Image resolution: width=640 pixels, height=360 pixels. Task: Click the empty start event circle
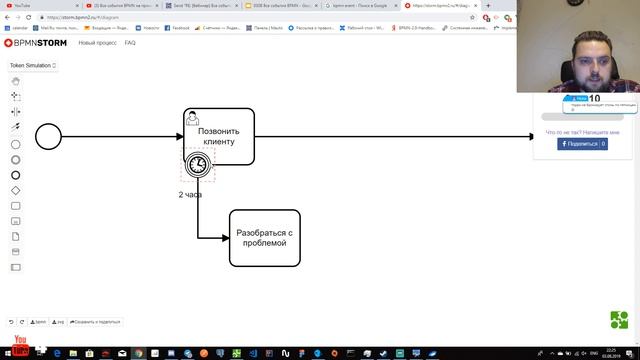click(48, 136)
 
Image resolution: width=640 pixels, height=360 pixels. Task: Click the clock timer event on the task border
click(198, 163)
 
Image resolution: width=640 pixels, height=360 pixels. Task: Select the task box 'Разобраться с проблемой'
click(264, 238)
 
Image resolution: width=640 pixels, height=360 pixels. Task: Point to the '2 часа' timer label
click(190, 195)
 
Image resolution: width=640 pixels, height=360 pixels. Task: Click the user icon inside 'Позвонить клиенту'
click(193, 118)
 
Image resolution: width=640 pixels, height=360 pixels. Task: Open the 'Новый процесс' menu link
click(97, 43)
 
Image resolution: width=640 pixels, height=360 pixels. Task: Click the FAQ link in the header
click(130, 43)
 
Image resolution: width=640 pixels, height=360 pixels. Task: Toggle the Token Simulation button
click(32, 65)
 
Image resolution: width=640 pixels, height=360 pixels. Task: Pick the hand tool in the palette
click(15, 81)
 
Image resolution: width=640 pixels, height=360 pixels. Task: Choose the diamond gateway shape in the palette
click(15, 190)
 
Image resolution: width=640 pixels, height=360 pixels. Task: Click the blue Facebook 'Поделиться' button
click(582, 144)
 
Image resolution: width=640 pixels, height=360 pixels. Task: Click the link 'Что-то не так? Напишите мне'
click(582, 132)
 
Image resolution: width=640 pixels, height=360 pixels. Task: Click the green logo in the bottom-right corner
click(619, 320)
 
